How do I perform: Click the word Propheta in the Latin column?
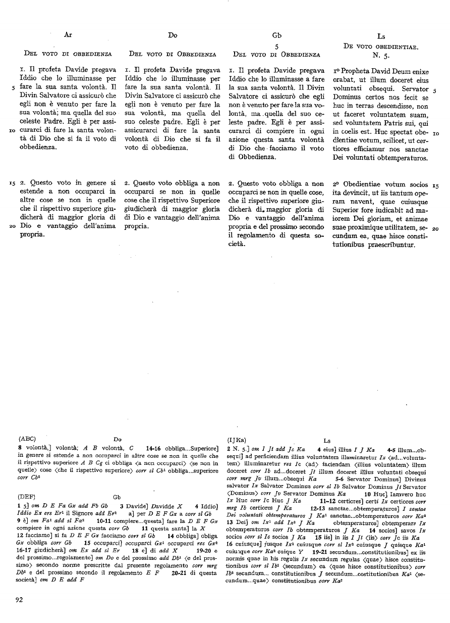(356, 72)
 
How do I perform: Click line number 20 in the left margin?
(13, 227)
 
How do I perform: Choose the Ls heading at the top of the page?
(381, 36)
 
